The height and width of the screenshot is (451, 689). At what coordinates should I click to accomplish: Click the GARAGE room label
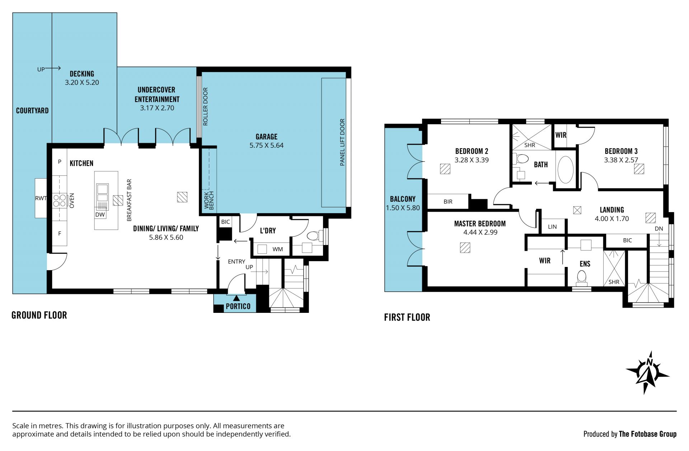(x=266, y=137)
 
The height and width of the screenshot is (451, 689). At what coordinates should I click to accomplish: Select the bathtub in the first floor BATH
(x=566, y=170)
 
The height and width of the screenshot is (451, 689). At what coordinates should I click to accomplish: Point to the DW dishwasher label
(x=100, y=215)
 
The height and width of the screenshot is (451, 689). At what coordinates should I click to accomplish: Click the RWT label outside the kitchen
(x=41, y=198)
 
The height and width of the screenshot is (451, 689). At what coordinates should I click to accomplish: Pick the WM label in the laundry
(x=278, y=249)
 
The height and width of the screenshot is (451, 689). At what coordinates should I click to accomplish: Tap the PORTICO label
(x=238, y=306)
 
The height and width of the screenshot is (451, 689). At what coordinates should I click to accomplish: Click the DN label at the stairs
(x=659, y=229)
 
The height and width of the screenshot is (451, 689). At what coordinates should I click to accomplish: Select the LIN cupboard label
(x=552, y=227)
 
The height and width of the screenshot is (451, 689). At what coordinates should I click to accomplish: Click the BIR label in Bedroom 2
(x=448, y=202)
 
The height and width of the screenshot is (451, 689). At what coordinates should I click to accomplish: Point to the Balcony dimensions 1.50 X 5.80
(x=403, y=208)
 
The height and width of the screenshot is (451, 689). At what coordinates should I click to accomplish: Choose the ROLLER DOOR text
(x=206, y=107)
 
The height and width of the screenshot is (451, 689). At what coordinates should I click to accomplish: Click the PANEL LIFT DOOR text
(x=342, y=142)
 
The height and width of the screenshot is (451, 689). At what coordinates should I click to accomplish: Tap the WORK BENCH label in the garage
(x=209, y=200)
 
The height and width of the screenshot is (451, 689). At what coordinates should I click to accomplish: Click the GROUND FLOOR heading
(x=39, y=315)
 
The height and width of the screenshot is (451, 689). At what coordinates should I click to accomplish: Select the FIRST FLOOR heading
(x=407, y=317)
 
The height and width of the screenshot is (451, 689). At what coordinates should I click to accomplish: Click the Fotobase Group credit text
(x=648, y=434)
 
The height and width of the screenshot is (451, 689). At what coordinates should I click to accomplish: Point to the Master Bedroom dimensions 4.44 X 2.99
(x=480, y=232)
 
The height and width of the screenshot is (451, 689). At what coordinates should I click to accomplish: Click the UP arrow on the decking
(x=53, y=68)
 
